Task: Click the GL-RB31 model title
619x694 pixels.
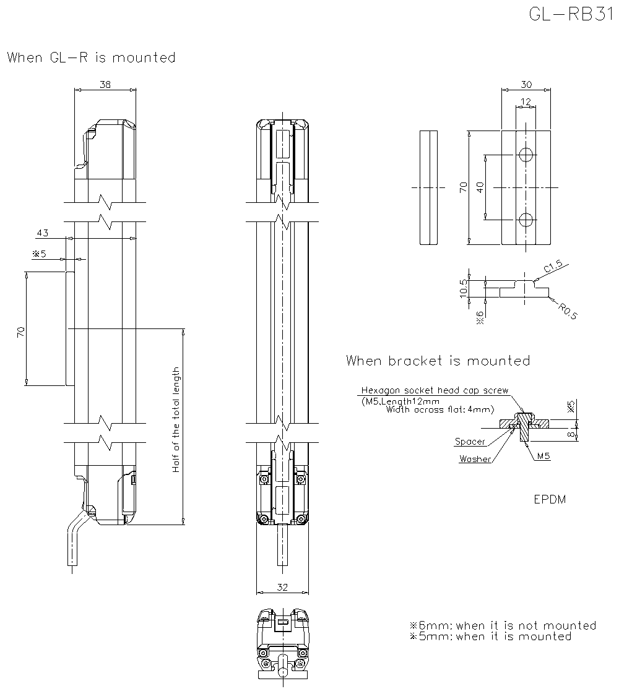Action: click(569, 14)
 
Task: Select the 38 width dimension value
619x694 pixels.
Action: click(105, 85)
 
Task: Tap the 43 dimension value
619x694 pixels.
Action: click(43, 233)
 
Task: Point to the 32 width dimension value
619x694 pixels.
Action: click(282, 588)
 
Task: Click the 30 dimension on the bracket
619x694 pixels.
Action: click(526, 85)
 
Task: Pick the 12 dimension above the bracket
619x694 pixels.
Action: click(526, 101)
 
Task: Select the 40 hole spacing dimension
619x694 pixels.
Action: click(480, 187)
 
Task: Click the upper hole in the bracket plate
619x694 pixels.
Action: click(526, 155)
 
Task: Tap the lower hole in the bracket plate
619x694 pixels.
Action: click(526, 220)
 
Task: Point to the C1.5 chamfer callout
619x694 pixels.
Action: click(553, 267)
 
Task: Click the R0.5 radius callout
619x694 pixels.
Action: click(565, 311)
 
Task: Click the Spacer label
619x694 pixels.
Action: click(470, 442)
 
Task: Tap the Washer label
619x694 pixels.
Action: click(475, 459)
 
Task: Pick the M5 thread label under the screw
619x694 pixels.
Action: click(543, 456)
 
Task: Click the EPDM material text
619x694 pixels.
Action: click(550, 499)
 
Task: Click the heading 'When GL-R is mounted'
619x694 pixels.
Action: click(91, 58)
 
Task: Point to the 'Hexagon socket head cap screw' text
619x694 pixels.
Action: click(435, 391)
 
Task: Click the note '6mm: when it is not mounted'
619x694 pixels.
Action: click(503, 625)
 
